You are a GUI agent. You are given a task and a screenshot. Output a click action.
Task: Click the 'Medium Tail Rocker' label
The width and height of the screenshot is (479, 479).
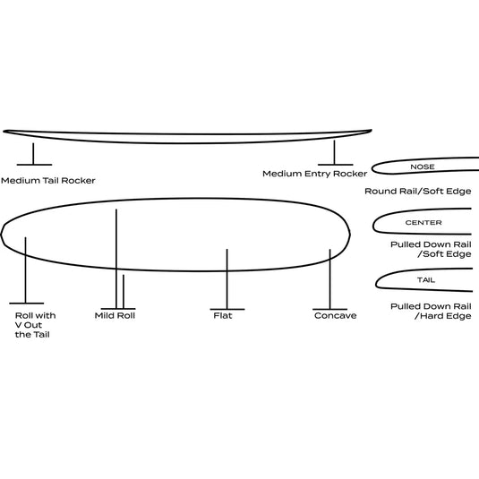pyautogui.click(x=48, y=181)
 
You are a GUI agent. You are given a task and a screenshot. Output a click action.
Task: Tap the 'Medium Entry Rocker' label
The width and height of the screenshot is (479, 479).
pyautogui.click(x=314, y=174)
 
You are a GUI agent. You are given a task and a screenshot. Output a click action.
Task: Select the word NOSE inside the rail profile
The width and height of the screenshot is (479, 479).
pyautogui.click(x=423, y=167)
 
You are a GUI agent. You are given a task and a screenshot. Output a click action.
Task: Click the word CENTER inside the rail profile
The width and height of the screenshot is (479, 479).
pyautogui.click(x=423, y=222)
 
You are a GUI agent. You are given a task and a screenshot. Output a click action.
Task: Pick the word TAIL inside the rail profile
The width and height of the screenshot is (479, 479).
pyautogui.click(x=426, y=280)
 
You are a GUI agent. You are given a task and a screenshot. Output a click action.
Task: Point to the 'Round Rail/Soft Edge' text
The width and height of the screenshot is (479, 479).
pyautogui.click(x=417, y=192)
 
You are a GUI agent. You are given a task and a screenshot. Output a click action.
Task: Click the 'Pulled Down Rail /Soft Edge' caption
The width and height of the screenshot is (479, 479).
pyautogui.click(x=431, y=249)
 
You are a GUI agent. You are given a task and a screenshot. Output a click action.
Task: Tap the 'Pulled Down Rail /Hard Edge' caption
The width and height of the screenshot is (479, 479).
pyautogui.click(x=431, y=311)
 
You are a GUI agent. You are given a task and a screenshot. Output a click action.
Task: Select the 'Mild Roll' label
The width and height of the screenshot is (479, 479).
pyautogui.click(x=115, y=315)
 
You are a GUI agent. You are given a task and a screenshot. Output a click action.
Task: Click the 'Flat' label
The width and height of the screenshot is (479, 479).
pyautogui.click(x=223, y=315)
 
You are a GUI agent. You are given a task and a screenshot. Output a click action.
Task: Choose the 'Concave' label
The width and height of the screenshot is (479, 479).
pyautogui.click(x=335, y=315)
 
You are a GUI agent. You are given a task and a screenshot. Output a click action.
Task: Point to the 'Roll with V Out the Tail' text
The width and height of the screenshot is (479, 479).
pyautogui.click(x=36, y=325)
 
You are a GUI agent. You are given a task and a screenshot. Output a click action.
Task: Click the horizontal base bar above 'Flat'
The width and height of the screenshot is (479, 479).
pyautogui.click(x=227, y=309)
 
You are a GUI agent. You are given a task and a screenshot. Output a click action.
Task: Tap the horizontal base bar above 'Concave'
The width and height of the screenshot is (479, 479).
pyautogui.click(x=329, y=309)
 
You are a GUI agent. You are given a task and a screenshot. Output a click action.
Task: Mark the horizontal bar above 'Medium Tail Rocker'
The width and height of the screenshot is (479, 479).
pyautogui.click(x=34, y=165)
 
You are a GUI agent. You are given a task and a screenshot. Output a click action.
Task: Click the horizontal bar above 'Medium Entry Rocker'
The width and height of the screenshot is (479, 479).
pyautogui.click(x=336, y=165)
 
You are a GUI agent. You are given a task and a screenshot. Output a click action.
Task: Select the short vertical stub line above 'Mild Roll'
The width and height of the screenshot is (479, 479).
pyautogui.click(x=124, y=292)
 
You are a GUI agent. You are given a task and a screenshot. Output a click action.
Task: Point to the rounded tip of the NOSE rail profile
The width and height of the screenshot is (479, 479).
pyautogui.click(x=372, y=168)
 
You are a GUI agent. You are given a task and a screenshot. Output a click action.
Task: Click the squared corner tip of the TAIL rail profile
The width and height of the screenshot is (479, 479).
pyautogui.click(x=376, y=287)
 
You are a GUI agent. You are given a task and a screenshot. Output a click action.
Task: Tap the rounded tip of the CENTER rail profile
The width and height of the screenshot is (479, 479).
pyautogui.click(x=373, y=226)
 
